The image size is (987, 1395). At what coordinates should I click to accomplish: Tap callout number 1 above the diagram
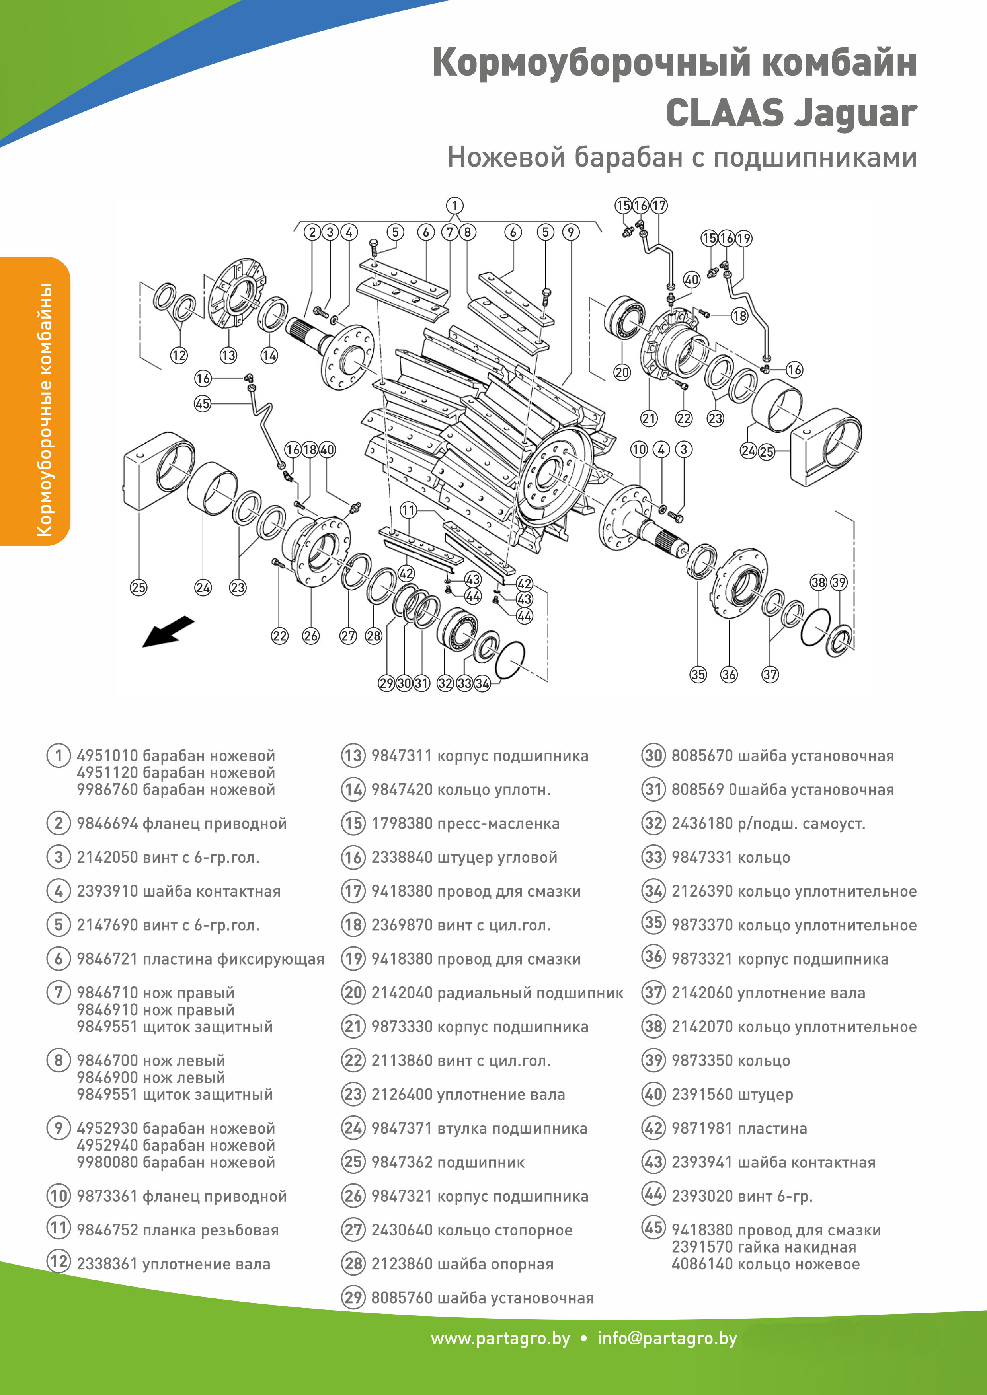coord(454,205)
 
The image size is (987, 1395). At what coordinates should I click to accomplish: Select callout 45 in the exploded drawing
coord(203,403)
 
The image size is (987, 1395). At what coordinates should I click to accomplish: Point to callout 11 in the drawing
coord(408,510)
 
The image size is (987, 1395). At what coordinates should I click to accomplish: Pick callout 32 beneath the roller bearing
coord(445,683)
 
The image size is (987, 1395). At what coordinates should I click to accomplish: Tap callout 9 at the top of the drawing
coord(571,232)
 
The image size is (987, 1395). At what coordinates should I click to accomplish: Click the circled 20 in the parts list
coord(353,993)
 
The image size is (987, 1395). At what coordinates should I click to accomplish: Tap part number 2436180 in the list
coord(702,824)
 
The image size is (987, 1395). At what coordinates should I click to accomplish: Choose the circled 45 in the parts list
coord(653,1227)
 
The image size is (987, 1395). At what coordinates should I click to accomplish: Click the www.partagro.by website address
coord(500,1339)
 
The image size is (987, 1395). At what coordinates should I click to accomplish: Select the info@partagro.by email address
coord(667,1339)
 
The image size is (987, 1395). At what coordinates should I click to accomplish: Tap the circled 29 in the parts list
coord(353,1298)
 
